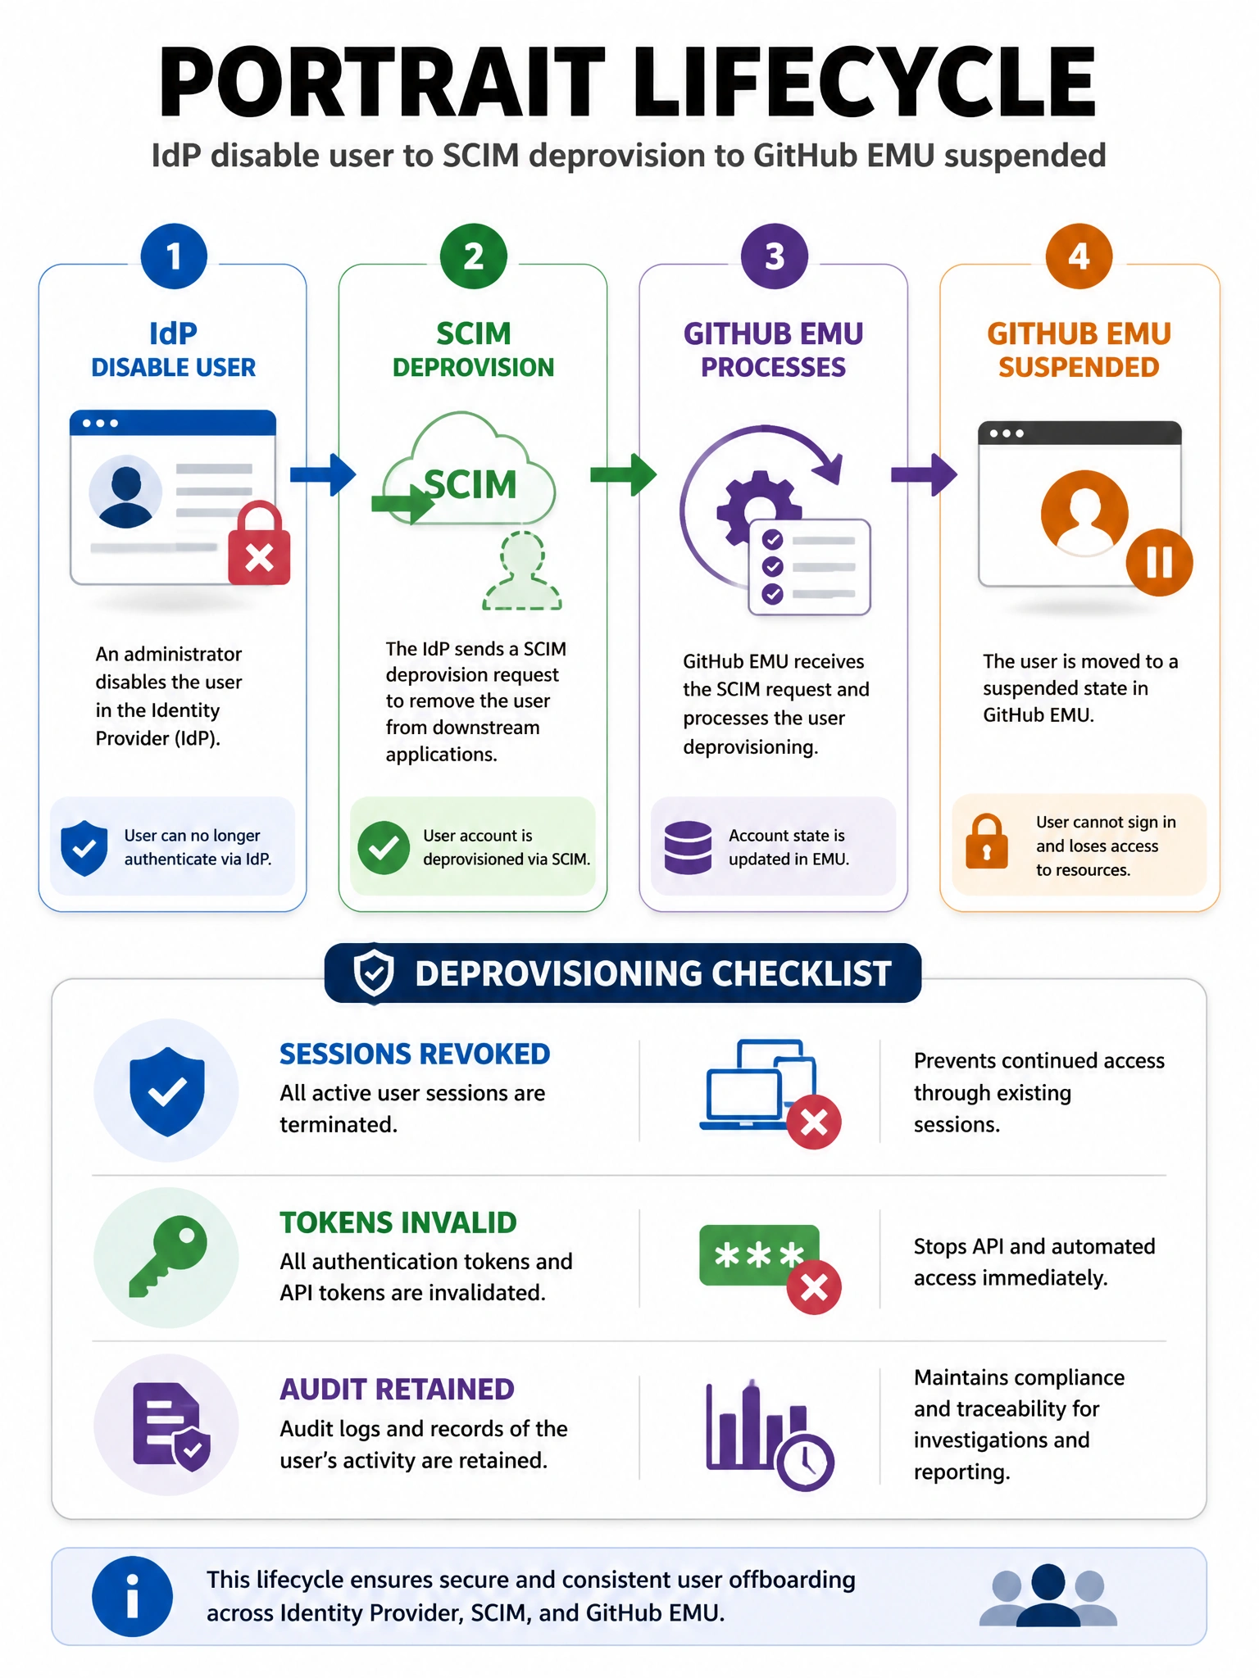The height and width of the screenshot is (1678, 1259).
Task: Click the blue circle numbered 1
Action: pyautogui.click(x=174, y=256)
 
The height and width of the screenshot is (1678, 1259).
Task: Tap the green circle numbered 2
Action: pyautogui.click(x=474, y=256)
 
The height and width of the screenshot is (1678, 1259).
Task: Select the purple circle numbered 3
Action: pyautogui.click(x=775, y=256)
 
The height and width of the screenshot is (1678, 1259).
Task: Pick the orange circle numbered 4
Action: pyautogui.click(x=1079, y=256)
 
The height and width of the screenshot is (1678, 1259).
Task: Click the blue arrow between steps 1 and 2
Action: pyautogui.click(x=323, y=474)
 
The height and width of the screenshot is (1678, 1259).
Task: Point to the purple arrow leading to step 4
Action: pyautogui.click(x=925, y=474)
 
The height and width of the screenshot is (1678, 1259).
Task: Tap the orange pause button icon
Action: pyautogui.click(x=1159, y=562)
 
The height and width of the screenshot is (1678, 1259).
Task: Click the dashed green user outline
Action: pyautogui.click(x=522, y=570)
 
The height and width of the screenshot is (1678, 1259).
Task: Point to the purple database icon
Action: pyautogui.click(x=688, y=847)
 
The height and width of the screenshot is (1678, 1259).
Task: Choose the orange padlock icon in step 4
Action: pyautogui.click(x=987, y=841)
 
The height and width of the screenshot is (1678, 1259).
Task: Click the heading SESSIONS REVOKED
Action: pyautogui.click(x=415, y=1054)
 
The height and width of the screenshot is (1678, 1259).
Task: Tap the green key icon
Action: pyautogui.click(x=168, y=1257)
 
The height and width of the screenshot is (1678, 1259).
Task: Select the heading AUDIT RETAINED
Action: pyautogui.click(x=398, y=1390)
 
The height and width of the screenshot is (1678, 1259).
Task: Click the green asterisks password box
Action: pyautogui.click(x=759, y=1255)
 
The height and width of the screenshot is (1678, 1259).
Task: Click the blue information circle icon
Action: pyautogui.click(x=132, y=1596)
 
